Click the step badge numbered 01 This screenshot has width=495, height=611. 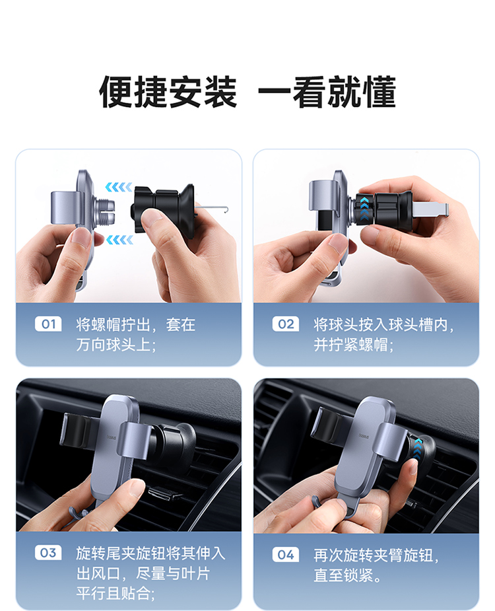tap(48, 324)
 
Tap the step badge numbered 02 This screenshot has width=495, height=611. tap(286, 324)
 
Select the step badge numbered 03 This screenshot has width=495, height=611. tap(48, 553)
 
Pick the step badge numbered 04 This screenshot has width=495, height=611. tap(286, 554)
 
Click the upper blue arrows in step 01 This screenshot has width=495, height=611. tap(118, 187)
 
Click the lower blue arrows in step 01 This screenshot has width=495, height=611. tap(119, 240)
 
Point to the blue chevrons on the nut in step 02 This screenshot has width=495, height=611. tap(364, 209)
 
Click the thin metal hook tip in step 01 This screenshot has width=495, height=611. tap(225, 209)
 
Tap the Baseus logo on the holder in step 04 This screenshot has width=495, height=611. tap(366, 435)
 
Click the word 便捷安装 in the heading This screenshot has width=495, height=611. tap(168, 92)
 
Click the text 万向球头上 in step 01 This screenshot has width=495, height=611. tap(113, 344)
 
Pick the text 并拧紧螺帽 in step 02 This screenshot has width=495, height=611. tap(350, 344)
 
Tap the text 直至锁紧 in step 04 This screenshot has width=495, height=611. tap(343, 575)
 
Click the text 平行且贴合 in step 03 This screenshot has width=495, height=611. tap(113, 593)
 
